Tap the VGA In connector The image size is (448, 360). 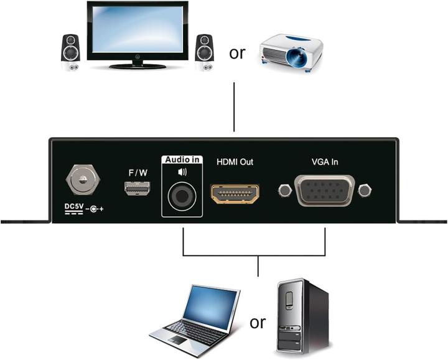(x=325, y=191)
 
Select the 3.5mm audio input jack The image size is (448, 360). (x=182, y=198)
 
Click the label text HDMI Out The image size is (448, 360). (x=235, y=162)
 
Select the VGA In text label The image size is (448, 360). (x=324, y=162)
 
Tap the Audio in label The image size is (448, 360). (x=182, y=160)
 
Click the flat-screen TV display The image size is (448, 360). (x=138, y=31)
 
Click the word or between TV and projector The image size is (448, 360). (x=237, y=53)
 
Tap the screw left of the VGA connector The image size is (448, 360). (x=284, y=189)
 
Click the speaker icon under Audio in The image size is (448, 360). (x=182, y=170)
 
